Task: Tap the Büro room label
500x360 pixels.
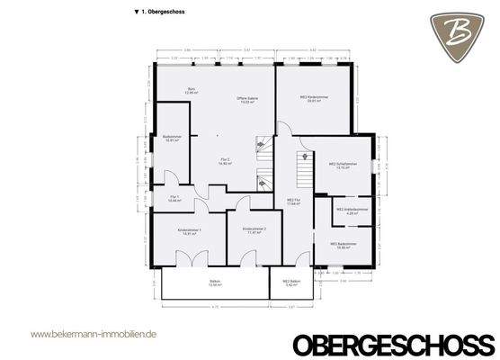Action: pos(192,90)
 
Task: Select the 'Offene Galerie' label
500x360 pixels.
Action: pos(243,100)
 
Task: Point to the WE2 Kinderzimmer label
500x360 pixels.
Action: pos(310,99)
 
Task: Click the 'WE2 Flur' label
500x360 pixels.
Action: pos(293,202)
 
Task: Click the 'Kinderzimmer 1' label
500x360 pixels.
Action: pos(190,232)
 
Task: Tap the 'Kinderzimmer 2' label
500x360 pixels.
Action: pos(254,232)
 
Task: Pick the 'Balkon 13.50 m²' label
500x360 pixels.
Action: pos(215,284)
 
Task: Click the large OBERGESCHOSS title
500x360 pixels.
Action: pos(393,342)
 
